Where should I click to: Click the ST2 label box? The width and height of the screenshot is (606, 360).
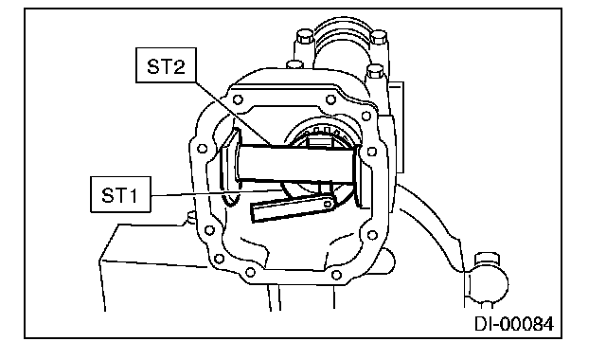[x=167, y=65]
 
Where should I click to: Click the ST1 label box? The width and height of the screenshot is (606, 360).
[x=120, y=194]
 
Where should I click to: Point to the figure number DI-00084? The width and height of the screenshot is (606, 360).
[x=514, y=324]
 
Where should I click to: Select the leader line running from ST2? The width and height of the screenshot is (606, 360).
[x=234, y=114]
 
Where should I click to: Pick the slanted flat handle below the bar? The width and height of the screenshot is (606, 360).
[x=293, y=208]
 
